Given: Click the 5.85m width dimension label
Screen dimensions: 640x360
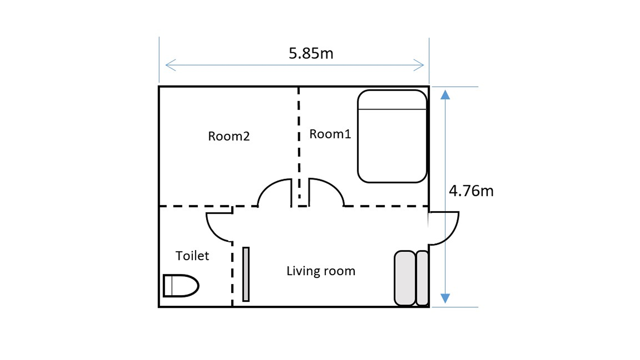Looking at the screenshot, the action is tap(311, 53).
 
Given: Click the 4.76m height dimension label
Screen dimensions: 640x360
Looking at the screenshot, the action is tap(471, 191).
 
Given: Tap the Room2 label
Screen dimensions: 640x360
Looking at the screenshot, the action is tap(229, 136).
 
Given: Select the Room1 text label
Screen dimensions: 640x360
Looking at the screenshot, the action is tap(330, 134).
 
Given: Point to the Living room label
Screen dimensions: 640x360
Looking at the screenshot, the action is tap(321, 271).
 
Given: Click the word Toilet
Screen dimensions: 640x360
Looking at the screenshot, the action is tap(192, 256).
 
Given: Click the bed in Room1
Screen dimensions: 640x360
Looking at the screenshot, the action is tap(392, 136).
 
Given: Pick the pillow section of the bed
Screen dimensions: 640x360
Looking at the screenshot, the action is tap(392, 99).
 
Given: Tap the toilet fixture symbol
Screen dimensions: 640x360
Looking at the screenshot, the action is tap(181, 286).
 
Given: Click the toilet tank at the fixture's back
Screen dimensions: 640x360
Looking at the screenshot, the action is tap(168, 286).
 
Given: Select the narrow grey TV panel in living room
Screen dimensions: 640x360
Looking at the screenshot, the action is tap(246, 274).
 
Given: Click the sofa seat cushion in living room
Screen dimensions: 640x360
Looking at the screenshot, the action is tap(405, 278).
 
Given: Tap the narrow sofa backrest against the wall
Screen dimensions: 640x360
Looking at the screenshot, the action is tap(422, 278).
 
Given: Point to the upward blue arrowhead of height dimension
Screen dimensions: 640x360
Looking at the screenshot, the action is tap(445, 95).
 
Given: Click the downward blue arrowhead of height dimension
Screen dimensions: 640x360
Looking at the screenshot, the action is tap(445, 298).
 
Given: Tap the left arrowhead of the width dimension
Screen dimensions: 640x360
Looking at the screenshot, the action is tap(170, 65).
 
